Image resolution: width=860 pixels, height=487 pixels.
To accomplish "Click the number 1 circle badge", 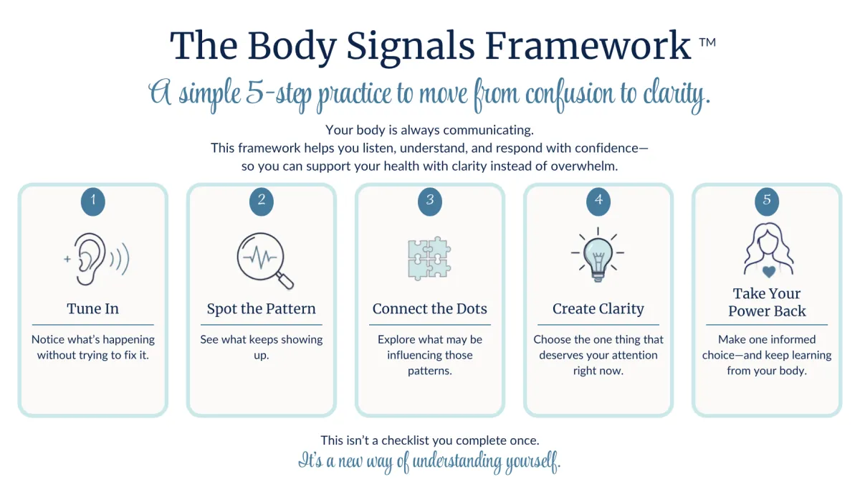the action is pyautogui.click(x=93, y=202).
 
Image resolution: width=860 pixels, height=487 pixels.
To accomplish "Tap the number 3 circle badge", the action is pyautogui.click(x=430, y=202).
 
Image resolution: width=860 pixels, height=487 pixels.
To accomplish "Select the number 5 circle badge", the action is pyautogui.click(x=767, y=202).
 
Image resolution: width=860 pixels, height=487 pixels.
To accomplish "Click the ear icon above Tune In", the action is pyautogui.click(x=90, y=259).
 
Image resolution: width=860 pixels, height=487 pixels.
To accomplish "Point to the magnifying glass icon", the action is pyautogui.click(x=265, y=260).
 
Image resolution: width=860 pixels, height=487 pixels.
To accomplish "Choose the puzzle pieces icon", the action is pyautogui.click(x=429, y=258).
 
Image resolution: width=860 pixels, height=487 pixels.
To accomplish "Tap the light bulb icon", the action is pyautogui.click(x=598, y=255).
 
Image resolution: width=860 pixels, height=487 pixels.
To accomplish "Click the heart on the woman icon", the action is pyautogui.click(x=768, y=272).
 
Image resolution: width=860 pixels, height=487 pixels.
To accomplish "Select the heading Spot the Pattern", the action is pyautogui.click(x=261, y=308).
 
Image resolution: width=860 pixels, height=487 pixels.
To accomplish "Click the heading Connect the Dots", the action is pyautogui.click(x=429, y=308).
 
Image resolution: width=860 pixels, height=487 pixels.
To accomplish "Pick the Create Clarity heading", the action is pyautogui.click(x=598, y=308).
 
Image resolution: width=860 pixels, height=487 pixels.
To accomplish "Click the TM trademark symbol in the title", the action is pyautogui.click(x=707, y=42).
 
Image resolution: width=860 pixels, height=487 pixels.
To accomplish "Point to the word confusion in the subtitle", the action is pyautogui.click(x=569, y=95).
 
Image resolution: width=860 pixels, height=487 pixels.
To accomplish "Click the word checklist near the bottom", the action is pyautogui.click(x=419, y=440).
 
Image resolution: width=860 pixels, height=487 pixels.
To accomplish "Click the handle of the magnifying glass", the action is pyautogui.click(x=285, y=280).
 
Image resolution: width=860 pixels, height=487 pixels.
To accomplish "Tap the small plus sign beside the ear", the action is pyautogui.click(x=67, y=259).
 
